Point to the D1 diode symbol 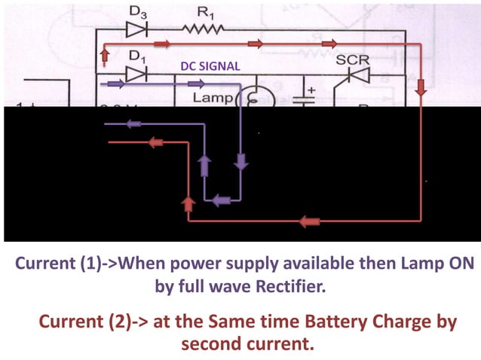pyautogui.click(x=136, y=73)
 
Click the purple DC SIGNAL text pyautogui.click(x=210, y=66)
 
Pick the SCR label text pyautogui.click(x=351, y=59)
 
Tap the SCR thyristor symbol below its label pyautogui.click(x=354, y=75)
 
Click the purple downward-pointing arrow pyautogui.click(x=242, y=161)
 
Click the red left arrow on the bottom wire pyautogui.click(x=309, y=221)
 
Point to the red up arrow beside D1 pyautogui.click(x=105, y=54)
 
